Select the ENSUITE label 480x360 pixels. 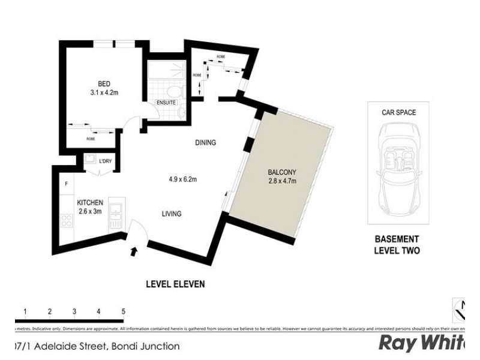(x=166, y=103)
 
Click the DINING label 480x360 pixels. (x=205, y=143)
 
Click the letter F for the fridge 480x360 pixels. (x=67, y=184)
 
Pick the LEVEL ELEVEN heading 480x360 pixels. (x=176, y=284)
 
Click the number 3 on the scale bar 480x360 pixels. (x=74, y=311)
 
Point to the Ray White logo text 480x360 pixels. (x=428, y=344)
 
